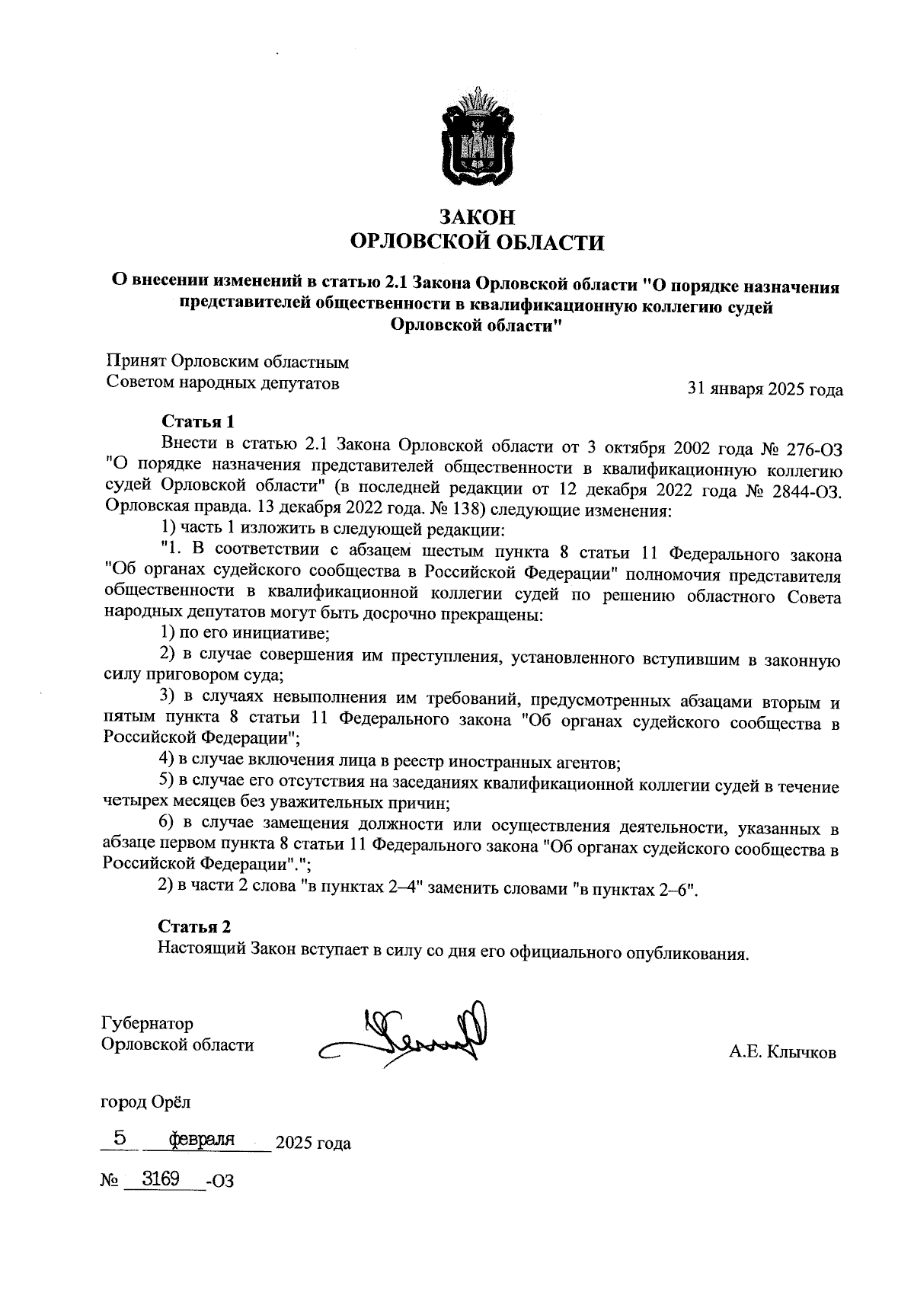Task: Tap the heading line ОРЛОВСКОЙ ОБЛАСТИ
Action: point(476,243)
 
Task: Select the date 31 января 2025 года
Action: point(765,390)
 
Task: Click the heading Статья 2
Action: point(194,926)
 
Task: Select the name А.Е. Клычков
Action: point(782,1053)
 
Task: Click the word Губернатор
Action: point(147,1024)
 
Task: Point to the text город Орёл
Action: point(146,1102)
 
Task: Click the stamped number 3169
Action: point(160,1179)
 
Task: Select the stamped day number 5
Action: point(120,1138)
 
